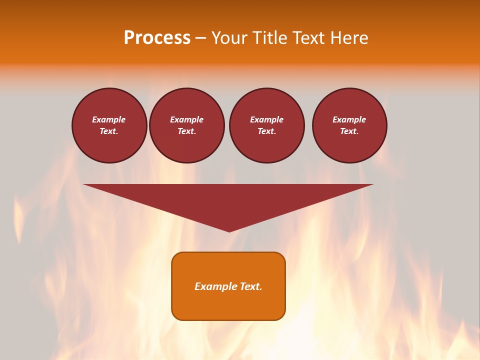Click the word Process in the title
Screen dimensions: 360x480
(x=157, y=38)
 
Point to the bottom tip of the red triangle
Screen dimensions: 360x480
(x=229, y=230)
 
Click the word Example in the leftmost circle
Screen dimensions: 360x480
(x=109, y=119)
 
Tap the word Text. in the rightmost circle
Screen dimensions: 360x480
(x=349, y=131)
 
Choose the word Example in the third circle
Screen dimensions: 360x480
(x=266, y=119)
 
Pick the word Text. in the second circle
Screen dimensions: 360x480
(x=186, y=131)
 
